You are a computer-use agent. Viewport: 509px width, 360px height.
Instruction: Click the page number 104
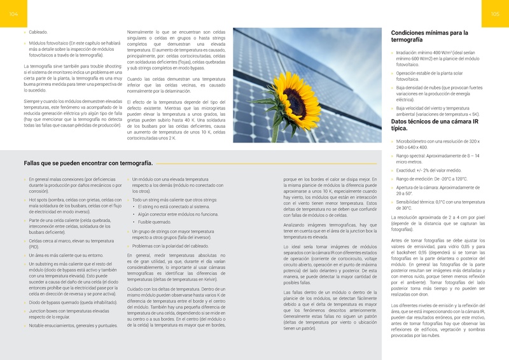tap(13, 14)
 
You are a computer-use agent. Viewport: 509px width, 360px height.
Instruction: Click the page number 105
tap(496, 14)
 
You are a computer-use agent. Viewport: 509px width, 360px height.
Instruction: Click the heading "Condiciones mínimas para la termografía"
tap(429, 36)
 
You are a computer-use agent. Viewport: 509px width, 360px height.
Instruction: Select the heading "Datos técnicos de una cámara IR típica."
tap(430, 125)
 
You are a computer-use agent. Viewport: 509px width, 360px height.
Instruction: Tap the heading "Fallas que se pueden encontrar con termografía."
tap(88, 163)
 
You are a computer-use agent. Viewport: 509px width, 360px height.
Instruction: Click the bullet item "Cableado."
tap(39, 31)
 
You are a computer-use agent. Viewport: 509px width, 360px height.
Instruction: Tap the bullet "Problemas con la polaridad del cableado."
tap(170, 246)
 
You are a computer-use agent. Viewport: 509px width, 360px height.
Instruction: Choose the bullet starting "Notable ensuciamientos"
tap(73, 325)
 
